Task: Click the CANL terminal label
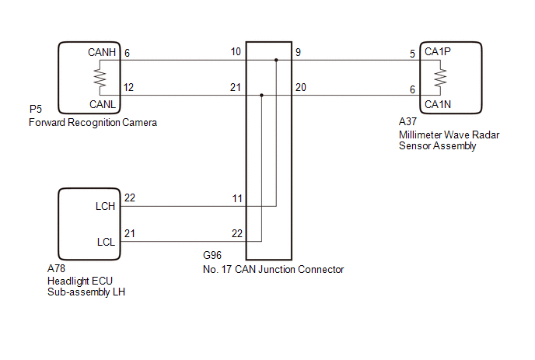[x=103, y=102]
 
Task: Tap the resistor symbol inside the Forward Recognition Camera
[x=100, y=77]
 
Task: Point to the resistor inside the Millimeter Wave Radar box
[x=440, y=77]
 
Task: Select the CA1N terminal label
[x=438, y=103]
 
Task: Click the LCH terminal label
[x=106, y=207]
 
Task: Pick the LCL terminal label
[x=106, y=242]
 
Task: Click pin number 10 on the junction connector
[x=236, y=52]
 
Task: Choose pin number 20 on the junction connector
[x=300, y=87]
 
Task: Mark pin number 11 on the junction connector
[x=236, y=199]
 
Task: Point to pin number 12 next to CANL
[x=129, y=87]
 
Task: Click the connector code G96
[x=212, y=254]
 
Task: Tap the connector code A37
[x=407, y=122]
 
